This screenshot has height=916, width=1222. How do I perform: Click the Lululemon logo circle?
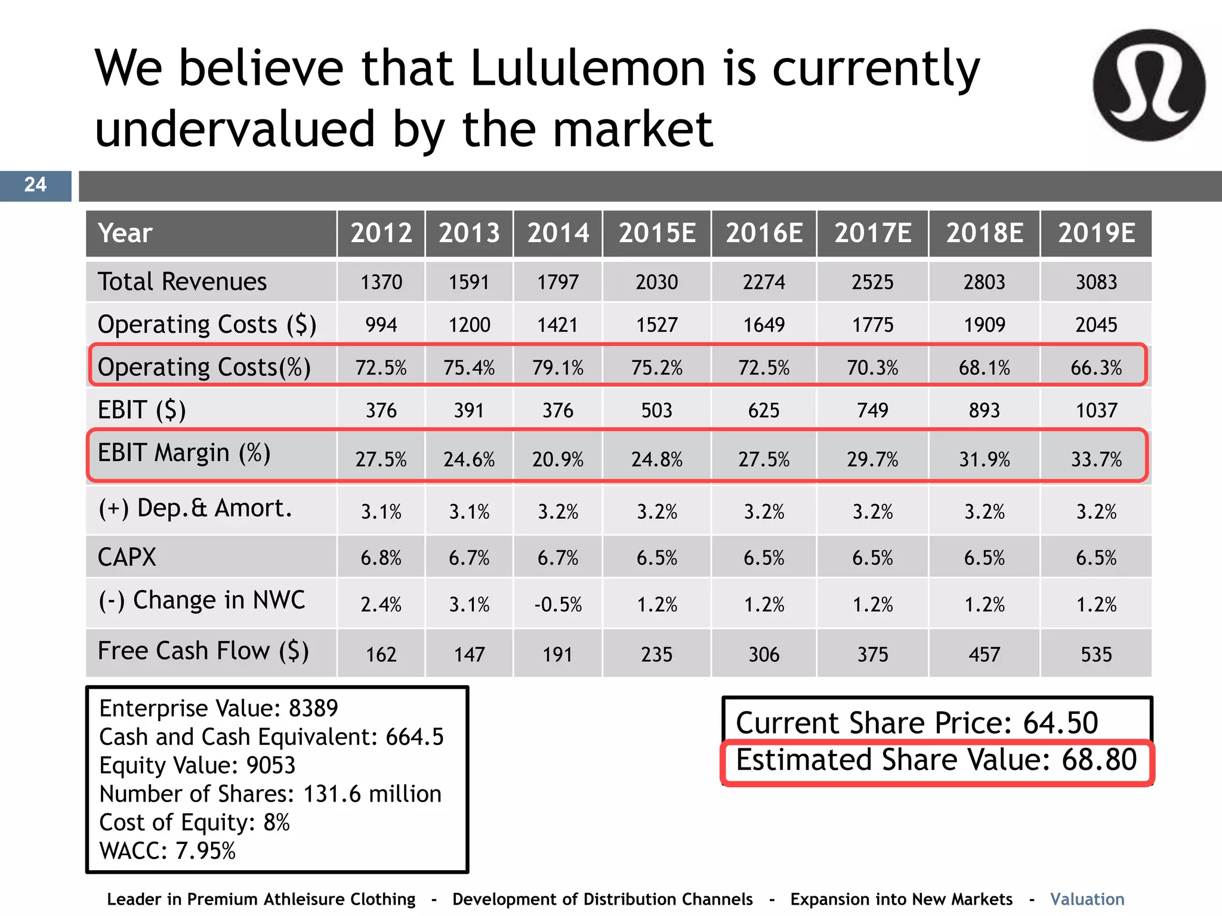pyautogui.click(x=1149, y=85)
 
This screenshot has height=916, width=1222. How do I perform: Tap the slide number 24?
pyautogui.click(x=35, y=185)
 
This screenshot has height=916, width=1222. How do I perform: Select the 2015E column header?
pyautogui.click(x=656, y=233)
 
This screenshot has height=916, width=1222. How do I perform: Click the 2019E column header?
pyautogui.click(x=1096, y=233)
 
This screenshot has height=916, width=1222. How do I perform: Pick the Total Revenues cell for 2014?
pyautogui.click(x=557, y=282)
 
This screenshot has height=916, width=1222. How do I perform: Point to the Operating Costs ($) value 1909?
pyautogui.click(x=984, y=325)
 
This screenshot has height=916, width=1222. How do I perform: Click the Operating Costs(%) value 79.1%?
pyautogui.click(x=557, y=368)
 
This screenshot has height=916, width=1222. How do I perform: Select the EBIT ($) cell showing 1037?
pyautogui.click(x=1096, y=411)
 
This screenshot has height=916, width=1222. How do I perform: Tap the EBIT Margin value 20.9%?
pyautogui.click(x=557, y=460)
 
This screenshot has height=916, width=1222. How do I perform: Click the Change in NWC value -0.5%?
pyautogui.click(x=557, y=605)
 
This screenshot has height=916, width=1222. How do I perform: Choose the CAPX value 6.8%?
pyautogui.click(x=381, y=558)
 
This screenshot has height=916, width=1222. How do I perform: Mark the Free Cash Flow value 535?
pyautogui.click(x=1096, y=655)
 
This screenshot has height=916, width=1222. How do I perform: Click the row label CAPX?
pyautogui.click(x=126, y=558)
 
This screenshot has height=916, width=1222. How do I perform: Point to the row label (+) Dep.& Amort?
pyautogui.click(x=195, y=509)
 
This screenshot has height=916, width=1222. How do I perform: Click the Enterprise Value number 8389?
pyautogui.click(x=313, y=708)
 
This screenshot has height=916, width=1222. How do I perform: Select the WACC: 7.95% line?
pyautogui.click(x=167, y=851)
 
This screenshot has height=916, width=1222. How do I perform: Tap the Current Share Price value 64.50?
pyautogui.click(x=1060, y=723)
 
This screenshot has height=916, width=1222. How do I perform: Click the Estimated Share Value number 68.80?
pyautogui.click(x=1099, y=760)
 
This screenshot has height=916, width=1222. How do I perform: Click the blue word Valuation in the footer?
pyautogui.click(x=1087, y=899)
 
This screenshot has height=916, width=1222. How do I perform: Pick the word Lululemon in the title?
pyautogui.click(x=588, y=68)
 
